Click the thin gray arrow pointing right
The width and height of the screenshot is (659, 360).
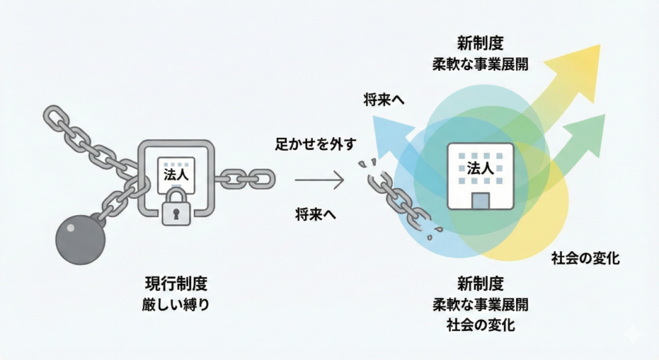coord(320,181)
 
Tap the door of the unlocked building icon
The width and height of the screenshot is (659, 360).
coord(479,200)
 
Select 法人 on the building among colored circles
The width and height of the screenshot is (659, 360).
coord(479,169)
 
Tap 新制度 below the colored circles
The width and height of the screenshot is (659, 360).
coord(480,283)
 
